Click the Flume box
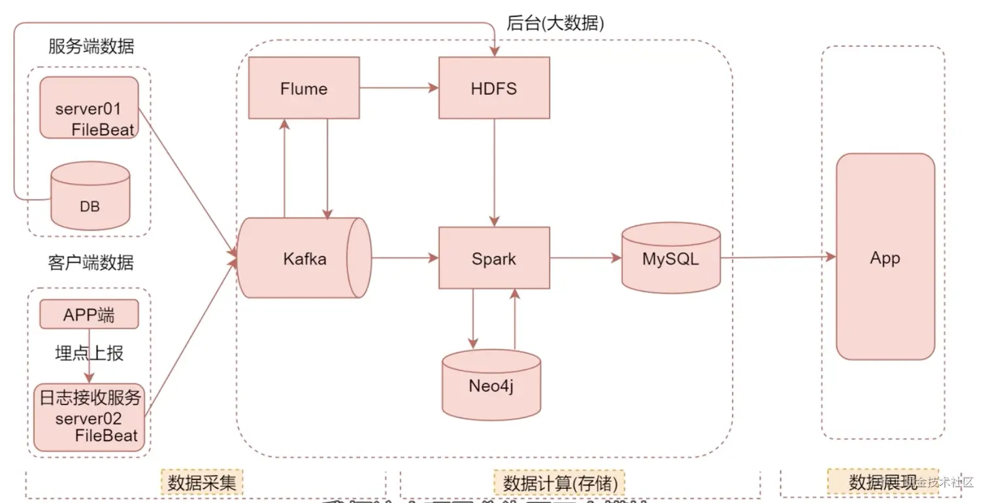pyautogui.click(x=304, y=88)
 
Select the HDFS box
pyautogui.click(x=494, y=88)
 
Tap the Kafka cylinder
pyautogui.click(x=304, y=258)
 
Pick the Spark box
pyautogui.click(x=494, y=258)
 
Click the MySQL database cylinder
pyautogui.click(x=670, y=258)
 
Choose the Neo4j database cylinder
pyautogui.click(x=491, y=385)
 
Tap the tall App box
pyautogui.click(x=885, y=257)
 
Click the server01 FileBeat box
pyautogui.click(x=89, y=108)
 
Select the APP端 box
pyautogui.click(x=90, y=315)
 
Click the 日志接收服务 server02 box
pyautogui.click(x=89, y=417)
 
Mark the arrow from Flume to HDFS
pyautogui.click(x=399, y=87)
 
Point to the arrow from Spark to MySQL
pyautogui.click(x=585, y=258)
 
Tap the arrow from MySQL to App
pyautogui.click(x=778, y=257)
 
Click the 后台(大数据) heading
pyautogui.click(x=555, y=24)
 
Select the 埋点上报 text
pyautogui.click(x=89, y=353)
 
